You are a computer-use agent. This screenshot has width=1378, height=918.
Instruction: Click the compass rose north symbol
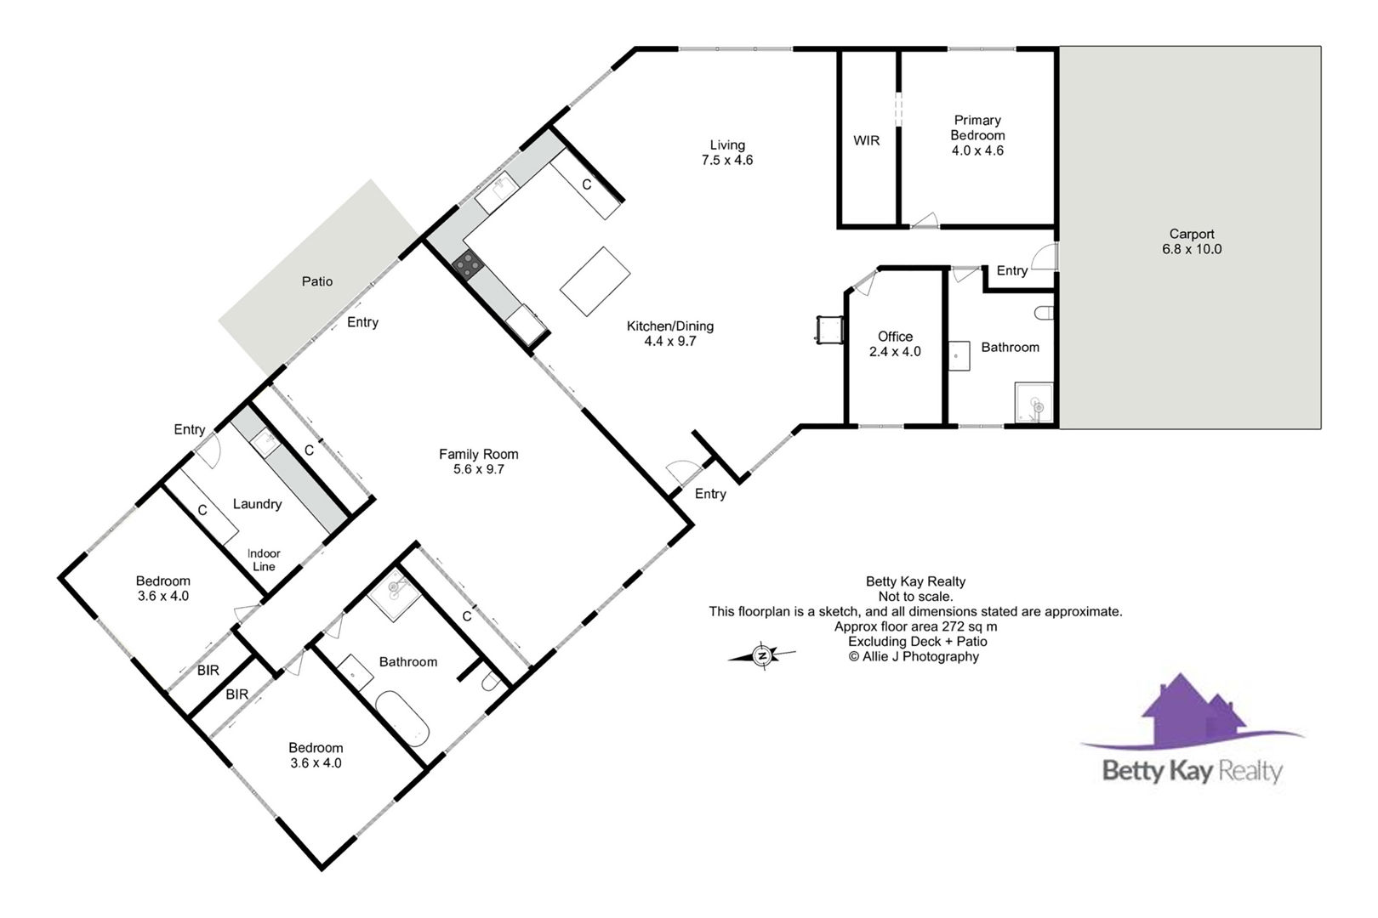pyautogui.click(x=761, y=655)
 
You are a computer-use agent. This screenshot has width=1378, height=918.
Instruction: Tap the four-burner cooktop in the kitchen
pyautogui.click(x=468, y=265)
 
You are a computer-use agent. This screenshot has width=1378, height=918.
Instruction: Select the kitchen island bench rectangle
pyautogui.click(x=595, y=281)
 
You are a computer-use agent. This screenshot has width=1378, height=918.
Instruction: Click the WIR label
pyautogui.click(x=866, y=141)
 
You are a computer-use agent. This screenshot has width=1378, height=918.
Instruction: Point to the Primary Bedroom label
pyautogui.click(x=977, y=135)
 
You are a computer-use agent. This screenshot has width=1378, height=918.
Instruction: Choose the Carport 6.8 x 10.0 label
pyautogui.click(x=1192, y=241)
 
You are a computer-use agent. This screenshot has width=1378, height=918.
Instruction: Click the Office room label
pyautogui.click(x=895, y=344)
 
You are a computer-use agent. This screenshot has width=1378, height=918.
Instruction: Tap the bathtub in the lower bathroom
pyautogui.click(x=402, y=718)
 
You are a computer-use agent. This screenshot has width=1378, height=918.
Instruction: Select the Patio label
pyautogui.click(x=316, y=281)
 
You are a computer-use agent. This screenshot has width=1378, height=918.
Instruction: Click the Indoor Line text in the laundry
pyautogui.click(x=264, y=560)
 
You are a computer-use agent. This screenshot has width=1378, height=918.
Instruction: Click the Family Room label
pyautogui.click(x=479, y=462)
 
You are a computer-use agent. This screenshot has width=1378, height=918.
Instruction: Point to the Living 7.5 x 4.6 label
pyautogui.click(x=727, y=152)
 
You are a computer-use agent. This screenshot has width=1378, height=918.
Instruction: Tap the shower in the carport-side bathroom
pyautogui.click(x=1033, y=403)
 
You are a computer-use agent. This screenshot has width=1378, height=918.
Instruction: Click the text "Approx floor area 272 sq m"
pyautogui.click(x=915, y=626)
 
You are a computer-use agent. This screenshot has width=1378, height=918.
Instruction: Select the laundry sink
pyautogui.click(x=265, y=443)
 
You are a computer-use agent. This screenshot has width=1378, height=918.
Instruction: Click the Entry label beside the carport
pyautogui.click(x=1012, y=270)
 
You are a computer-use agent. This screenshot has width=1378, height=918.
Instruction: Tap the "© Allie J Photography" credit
pyautogui.click(x=914, y=657)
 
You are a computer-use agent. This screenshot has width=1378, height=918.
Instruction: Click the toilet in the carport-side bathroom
pyautogui.click(x=1044, y=314)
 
